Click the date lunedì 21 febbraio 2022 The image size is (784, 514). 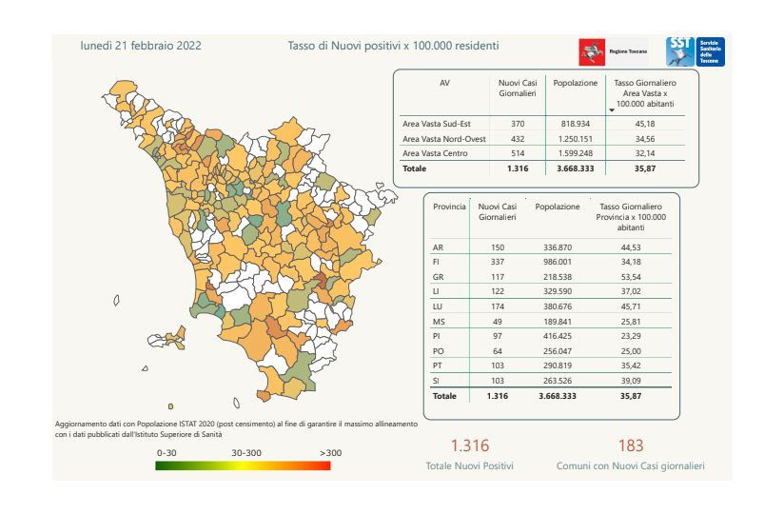tap(141, 45)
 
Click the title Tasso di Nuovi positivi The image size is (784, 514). tap(393, 45)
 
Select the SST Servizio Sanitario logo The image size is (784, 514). tap(696, 50)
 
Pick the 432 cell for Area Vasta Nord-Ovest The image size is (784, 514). tap(518, 139)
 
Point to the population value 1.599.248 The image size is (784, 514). tap(574, 153)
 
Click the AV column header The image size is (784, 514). tap(444, 83)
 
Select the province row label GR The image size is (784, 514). tap(439, 278)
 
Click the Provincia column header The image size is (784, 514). tap(449, 206)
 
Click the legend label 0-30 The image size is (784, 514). tap(167, 453)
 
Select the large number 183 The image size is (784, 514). tap(630, 445)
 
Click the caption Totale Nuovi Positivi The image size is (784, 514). tap(469, 466)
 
